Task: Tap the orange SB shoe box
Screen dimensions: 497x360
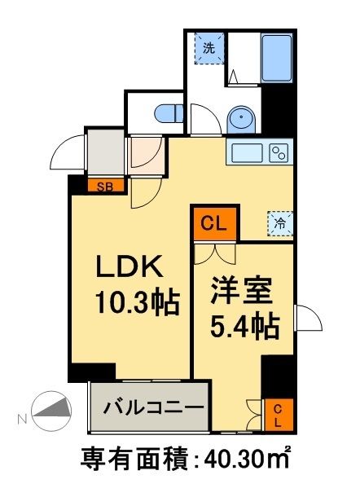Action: [x=106, y=186]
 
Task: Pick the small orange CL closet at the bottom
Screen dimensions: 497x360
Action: [x=277, y=415]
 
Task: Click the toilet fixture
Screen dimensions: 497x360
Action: [x=169, y=112]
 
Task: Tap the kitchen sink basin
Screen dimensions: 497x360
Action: [x=247, y=153]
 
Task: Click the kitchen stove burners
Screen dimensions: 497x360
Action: [x=279, y=152]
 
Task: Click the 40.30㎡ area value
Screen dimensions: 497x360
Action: [x=246, y=460]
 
